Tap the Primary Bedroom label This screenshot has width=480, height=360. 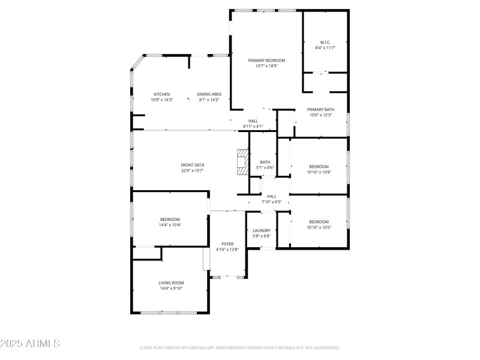(266, 60)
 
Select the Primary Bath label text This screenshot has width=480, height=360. (320, 109)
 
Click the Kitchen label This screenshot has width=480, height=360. (162, 94)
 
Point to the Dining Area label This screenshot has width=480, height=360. (209, 94)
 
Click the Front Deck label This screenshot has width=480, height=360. (193, 165)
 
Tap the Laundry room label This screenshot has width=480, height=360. (262, 230)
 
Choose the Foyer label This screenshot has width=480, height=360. (227, 244)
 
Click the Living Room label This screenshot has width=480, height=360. (171, 283)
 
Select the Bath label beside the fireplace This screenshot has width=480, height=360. (265, 162)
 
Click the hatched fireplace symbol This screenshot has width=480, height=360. (242, 162)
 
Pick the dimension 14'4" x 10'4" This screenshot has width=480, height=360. (170, 225)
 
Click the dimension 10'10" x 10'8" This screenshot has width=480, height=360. (319, 172)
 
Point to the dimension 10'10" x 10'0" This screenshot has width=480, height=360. (319, 227)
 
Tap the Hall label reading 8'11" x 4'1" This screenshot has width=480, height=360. (253, 127)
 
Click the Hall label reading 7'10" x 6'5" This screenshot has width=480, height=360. (271, 202)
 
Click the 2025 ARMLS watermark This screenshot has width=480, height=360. (30, 344)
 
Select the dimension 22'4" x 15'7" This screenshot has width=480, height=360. (193, 171)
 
